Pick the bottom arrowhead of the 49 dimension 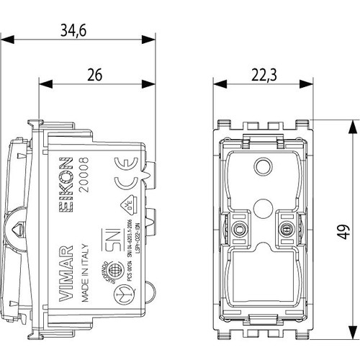pos(350,338)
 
